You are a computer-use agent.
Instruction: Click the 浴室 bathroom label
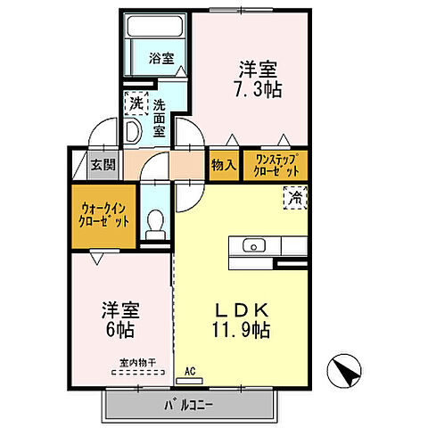160,59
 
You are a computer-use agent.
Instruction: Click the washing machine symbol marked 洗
136,103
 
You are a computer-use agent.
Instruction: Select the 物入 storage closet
224,165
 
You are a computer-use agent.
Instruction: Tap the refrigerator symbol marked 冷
294,197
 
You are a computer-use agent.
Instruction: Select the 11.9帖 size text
241,330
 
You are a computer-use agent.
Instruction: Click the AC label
190,370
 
